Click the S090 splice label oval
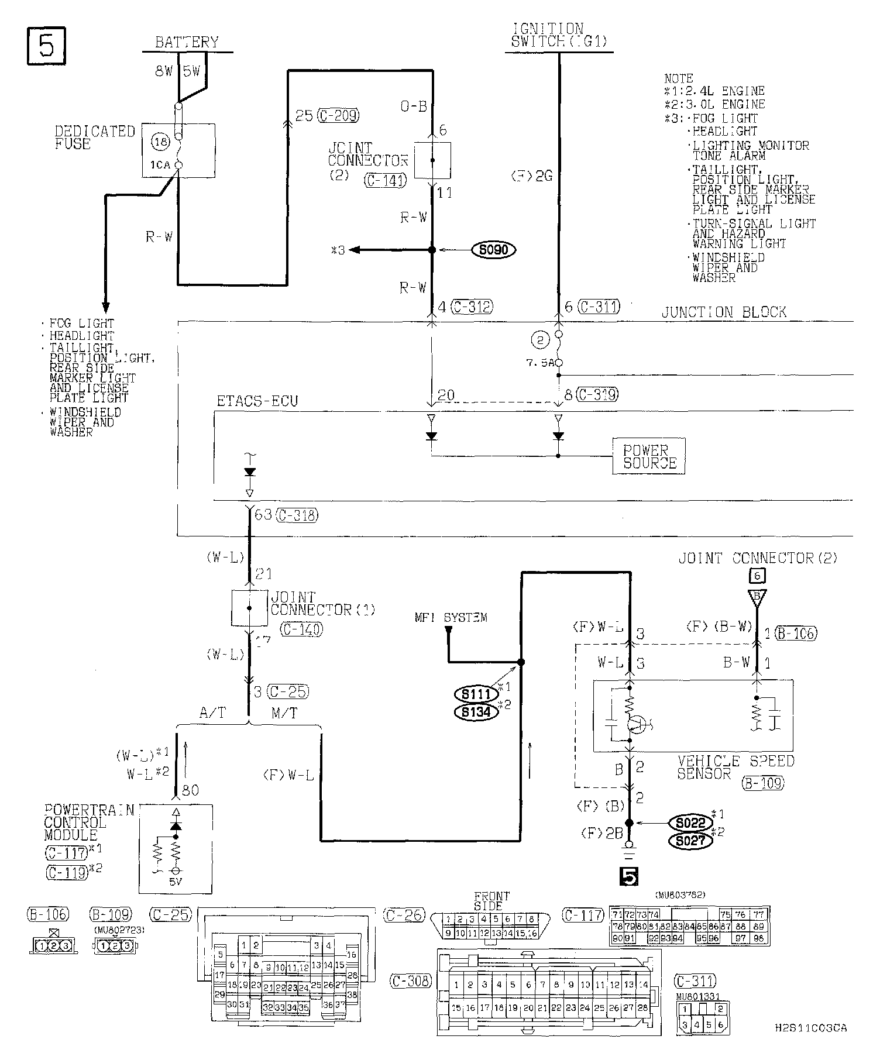[x=493, y=250]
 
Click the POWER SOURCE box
[x=649, y=456]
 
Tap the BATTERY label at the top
[x=187, y=42]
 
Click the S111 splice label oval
[x=475, y=694]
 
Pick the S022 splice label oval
[x=690, y=822]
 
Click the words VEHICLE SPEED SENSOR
[x=735, y=767]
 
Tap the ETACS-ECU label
[x=257, y=401]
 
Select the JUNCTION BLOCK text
[x=724, y=312]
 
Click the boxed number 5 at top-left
[x=46, y=46]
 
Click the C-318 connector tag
[x=297, y=515]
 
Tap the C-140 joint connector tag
[x=302, y=629]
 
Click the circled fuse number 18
[x=160, y=141]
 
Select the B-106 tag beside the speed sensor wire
[x=796, y=632]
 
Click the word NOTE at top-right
[x=679, y=78]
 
